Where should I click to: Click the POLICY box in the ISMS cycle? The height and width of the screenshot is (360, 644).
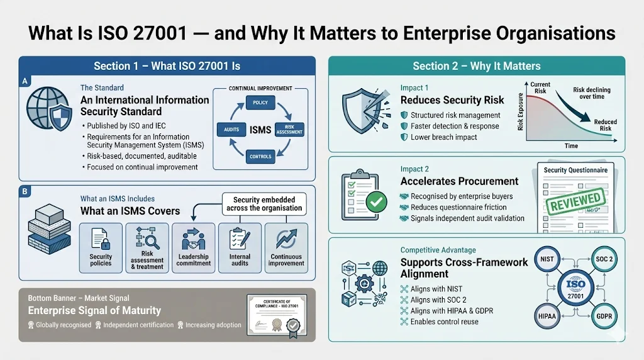260,102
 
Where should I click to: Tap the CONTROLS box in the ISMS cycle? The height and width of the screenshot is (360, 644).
260,156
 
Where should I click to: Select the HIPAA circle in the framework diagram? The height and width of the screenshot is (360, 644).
547,315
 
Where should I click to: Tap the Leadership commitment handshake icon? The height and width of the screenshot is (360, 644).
193,240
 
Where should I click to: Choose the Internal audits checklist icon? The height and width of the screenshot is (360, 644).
239,240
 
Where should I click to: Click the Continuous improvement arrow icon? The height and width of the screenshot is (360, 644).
286,240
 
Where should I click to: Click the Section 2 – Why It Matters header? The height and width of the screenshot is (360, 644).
476,65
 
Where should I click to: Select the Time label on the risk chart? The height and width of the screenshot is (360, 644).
571,145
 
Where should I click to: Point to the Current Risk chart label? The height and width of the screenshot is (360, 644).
540,87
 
